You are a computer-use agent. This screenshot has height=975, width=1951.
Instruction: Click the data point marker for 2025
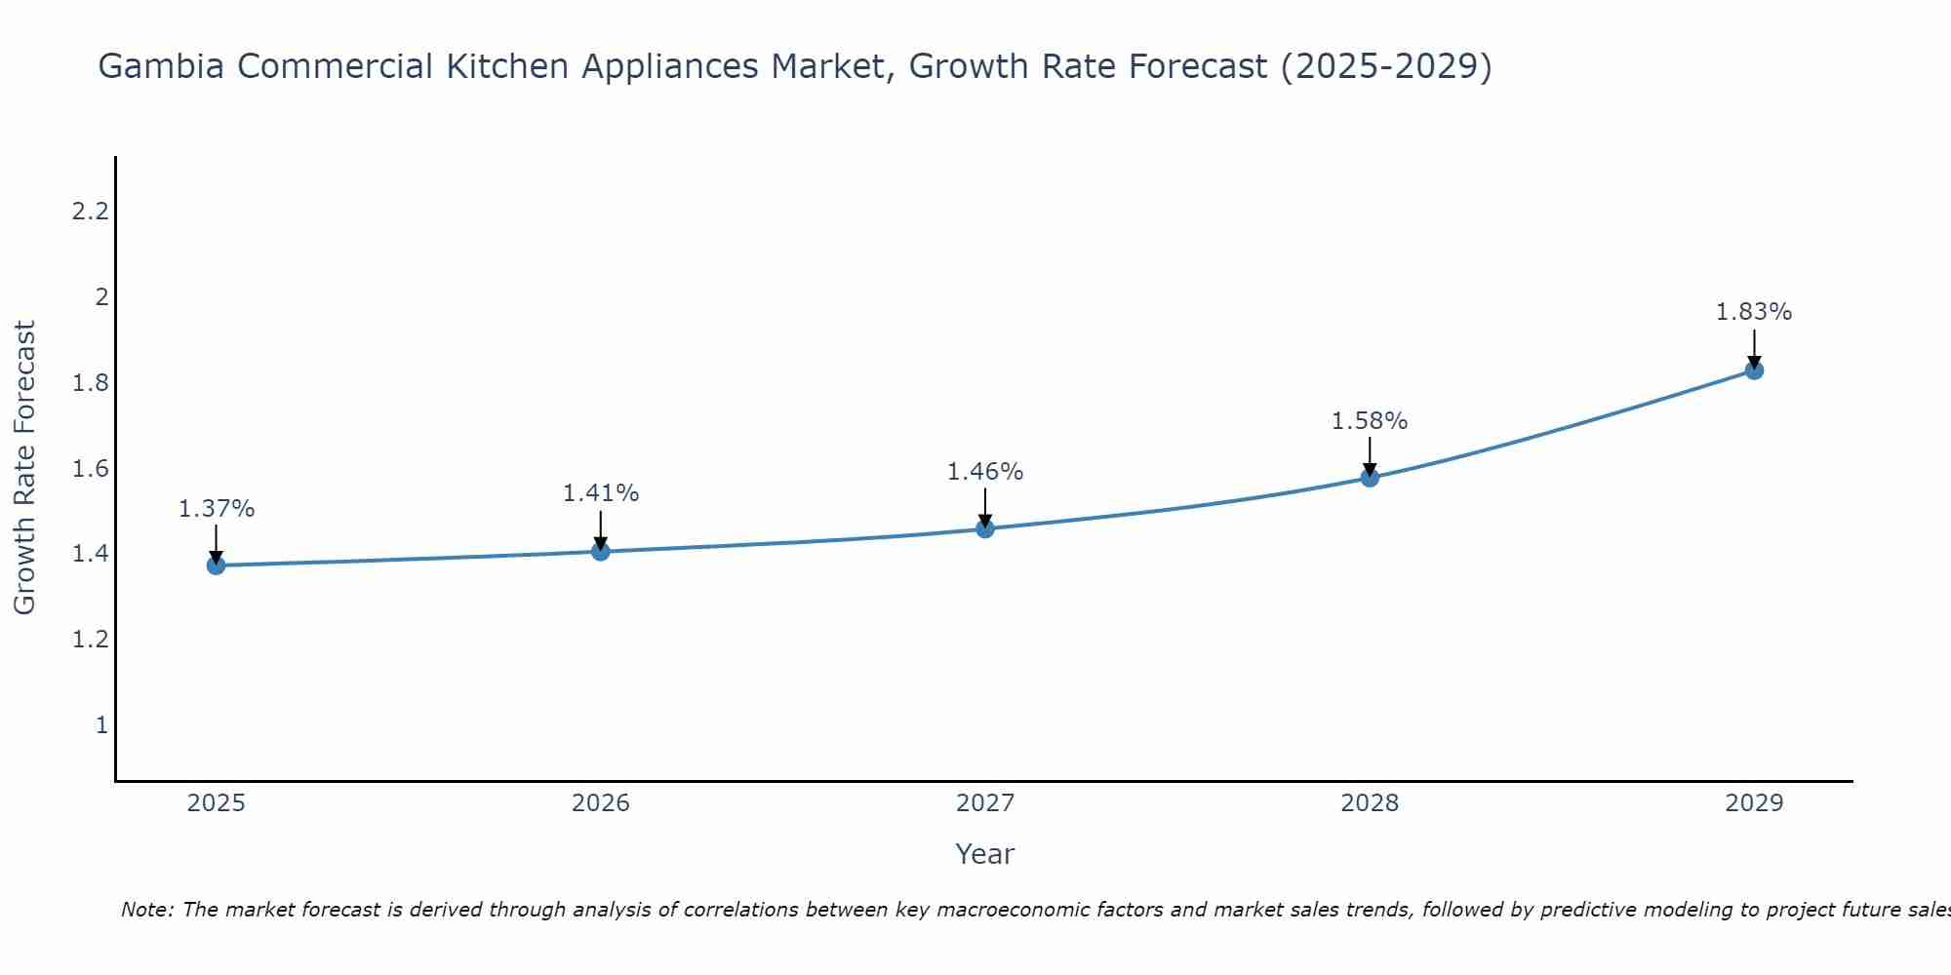216,565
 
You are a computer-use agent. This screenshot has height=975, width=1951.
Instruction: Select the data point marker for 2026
601,552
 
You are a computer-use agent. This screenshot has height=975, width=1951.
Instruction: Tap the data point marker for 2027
985,528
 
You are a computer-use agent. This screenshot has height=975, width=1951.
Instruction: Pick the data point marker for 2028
1370,478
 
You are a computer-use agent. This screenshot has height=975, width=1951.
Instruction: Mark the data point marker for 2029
1754,370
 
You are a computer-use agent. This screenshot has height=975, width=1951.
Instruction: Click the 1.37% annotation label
217,509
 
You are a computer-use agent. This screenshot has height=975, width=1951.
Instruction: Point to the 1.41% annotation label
601,493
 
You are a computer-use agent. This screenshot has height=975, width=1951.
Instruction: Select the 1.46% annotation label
985,472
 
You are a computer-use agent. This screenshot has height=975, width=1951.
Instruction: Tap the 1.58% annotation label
1370,421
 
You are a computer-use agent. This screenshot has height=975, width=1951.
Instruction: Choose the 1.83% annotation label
1754,312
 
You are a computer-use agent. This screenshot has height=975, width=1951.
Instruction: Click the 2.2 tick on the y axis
90,211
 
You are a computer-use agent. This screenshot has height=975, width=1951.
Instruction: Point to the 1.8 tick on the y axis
90,382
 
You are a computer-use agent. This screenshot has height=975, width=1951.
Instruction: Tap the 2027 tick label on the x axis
985,803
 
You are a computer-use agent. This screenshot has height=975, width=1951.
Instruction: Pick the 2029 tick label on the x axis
1754,803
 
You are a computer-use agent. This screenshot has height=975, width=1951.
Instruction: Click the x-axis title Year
985,854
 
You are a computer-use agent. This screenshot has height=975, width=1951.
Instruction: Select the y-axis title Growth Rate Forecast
24,468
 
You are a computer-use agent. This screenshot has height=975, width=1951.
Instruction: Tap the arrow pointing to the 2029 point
1754,349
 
